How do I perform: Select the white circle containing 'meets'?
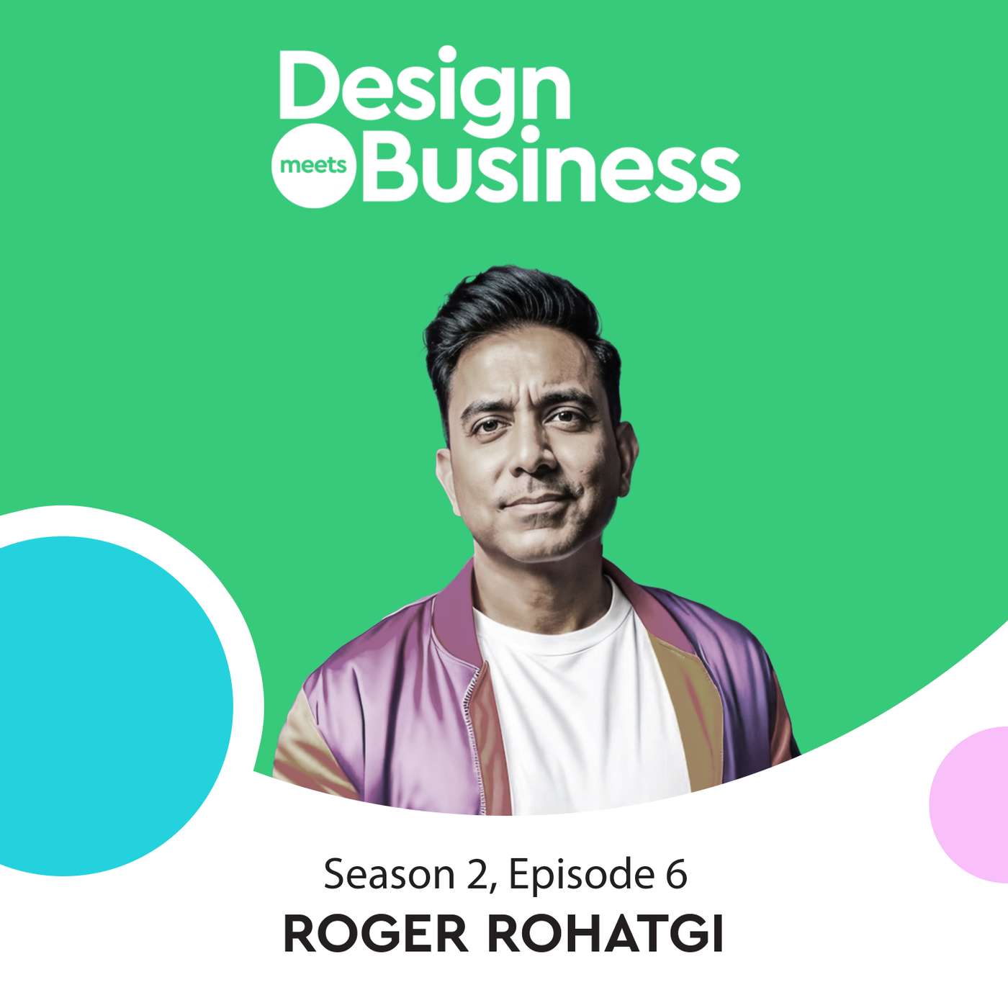[x=312, y=167]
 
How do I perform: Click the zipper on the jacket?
[x=472, y=720]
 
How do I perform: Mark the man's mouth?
[x=536, y=500]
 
